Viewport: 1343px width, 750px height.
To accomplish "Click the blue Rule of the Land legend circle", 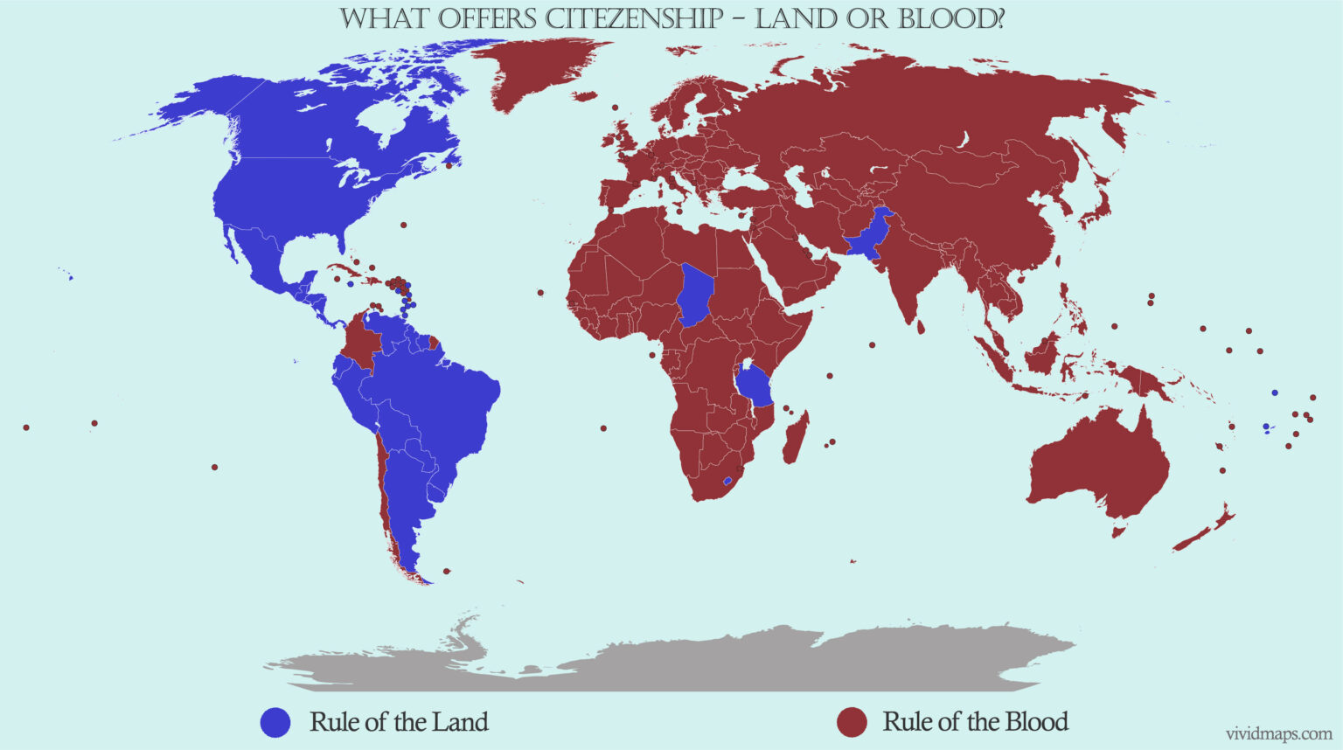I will [x=275, y=722].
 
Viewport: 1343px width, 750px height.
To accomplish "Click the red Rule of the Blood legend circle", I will [x=852, y=722].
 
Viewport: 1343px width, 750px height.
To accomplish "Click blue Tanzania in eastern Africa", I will [x=755, y=386].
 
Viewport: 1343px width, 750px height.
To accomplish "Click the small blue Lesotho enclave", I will [x=727, y=481].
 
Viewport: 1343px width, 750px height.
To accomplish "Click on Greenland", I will [x=542, y=70].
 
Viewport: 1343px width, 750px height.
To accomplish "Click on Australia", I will [x=1102, y=463].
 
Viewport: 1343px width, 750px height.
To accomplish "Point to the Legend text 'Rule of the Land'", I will [x=399, y=722].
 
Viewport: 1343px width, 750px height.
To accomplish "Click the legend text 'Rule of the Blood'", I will [x=975, y=722].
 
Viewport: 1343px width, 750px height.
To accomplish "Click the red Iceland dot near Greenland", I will [x=616, y=108].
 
